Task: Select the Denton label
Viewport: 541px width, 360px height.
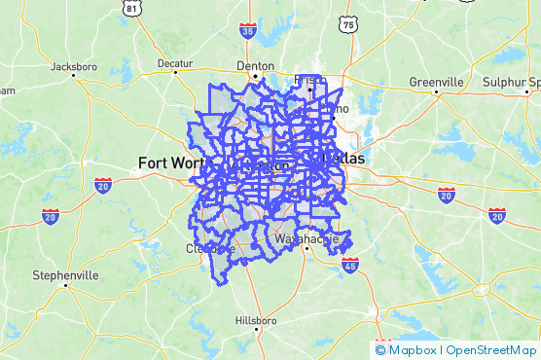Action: (256, 66)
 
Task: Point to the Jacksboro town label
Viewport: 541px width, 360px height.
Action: (76, 67)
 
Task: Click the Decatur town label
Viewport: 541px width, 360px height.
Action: (175, 63)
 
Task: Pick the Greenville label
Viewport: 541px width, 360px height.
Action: (436, 81)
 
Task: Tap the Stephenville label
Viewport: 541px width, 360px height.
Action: (65, 275)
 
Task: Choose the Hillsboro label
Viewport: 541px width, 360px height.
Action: (257, 320)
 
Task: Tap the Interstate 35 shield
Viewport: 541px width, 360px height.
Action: (248, 31)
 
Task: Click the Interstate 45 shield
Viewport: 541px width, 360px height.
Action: (350, 264)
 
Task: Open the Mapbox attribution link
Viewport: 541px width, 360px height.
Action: (413, 350)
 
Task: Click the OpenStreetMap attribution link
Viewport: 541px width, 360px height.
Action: (491, 350)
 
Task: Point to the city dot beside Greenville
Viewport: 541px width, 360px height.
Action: (436, 91)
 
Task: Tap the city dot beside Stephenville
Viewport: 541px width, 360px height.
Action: (65, 286)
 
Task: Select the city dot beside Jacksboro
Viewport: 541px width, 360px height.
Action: (76, 78)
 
